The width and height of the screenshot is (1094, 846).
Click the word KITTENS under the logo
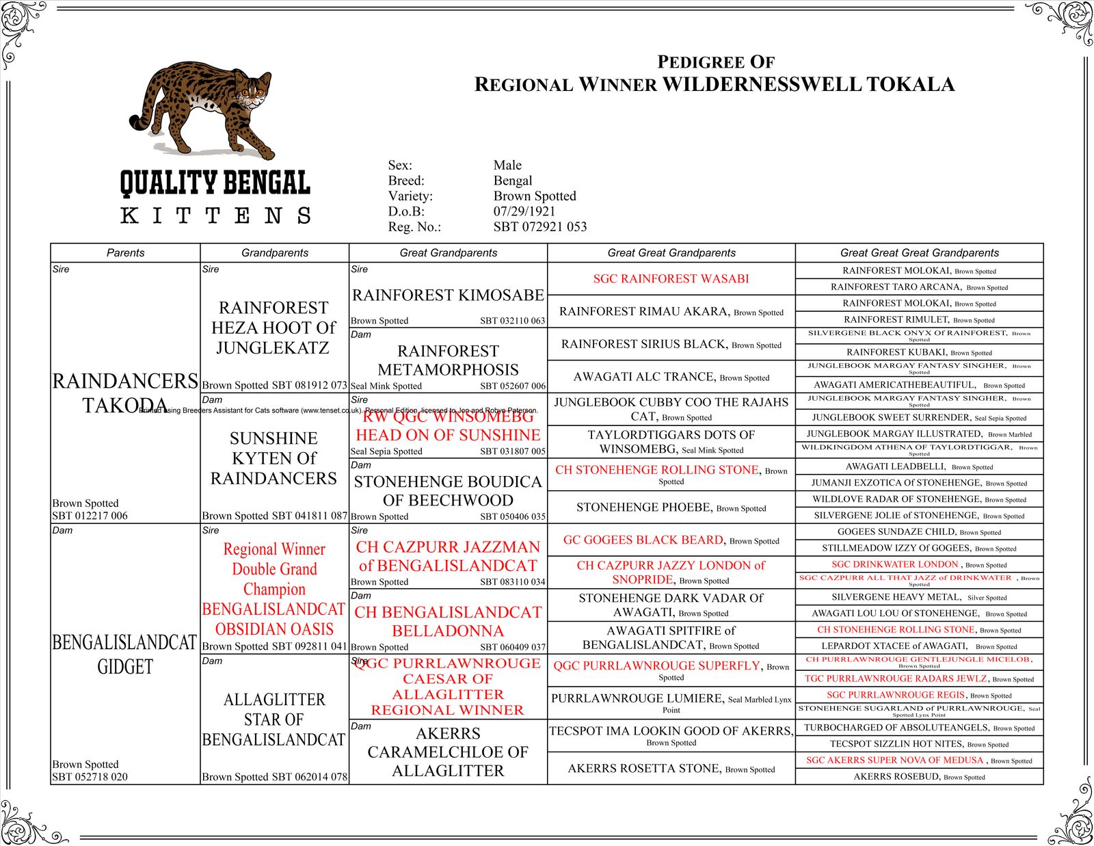[215, 215]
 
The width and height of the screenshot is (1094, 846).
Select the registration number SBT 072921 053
[540, 227]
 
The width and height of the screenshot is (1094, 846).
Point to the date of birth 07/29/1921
[524, 211]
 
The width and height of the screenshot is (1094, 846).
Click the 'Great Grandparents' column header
[448, 253]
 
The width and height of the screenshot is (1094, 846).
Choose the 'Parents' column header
[125, 253]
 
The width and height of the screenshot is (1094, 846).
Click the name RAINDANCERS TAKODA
[125, 393]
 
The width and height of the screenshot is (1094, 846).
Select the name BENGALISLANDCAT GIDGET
[124, 654]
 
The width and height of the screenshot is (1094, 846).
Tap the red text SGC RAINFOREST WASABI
[671, 279]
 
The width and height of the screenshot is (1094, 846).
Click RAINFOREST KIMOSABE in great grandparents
[448, 295]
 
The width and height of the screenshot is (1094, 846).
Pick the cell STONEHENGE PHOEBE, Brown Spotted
[671, 507]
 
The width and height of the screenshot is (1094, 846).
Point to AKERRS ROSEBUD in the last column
[919, 777]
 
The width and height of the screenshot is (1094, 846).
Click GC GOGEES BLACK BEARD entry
[671, 540]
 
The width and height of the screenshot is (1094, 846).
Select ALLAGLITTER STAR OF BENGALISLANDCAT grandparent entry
[273, 719]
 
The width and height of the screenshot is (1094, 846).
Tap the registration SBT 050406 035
[512, 517]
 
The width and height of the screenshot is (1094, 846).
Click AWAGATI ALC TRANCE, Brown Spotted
[671, 377]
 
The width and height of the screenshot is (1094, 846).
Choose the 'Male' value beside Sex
[507, 166]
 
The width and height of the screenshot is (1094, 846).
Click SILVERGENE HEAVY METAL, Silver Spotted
[919, 597]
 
